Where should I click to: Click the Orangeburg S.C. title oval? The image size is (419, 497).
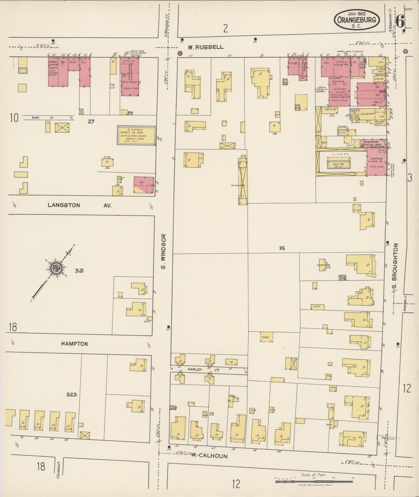click(356, 20)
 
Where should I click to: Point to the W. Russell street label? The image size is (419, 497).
click(205, 47)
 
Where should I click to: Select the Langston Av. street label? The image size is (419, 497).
click(79, 205)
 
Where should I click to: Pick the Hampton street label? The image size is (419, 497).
click(74, 344)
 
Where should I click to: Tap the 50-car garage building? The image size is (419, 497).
click(137, 135)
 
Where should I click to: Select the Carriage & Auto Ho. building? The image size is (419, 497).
click(377, 163)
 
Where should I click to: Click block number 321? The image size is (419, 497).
click(79, 271)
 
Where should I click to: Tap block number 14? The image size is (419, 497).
click(282, 248)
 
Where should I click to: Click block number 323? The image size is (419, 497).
click(71, 394)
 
